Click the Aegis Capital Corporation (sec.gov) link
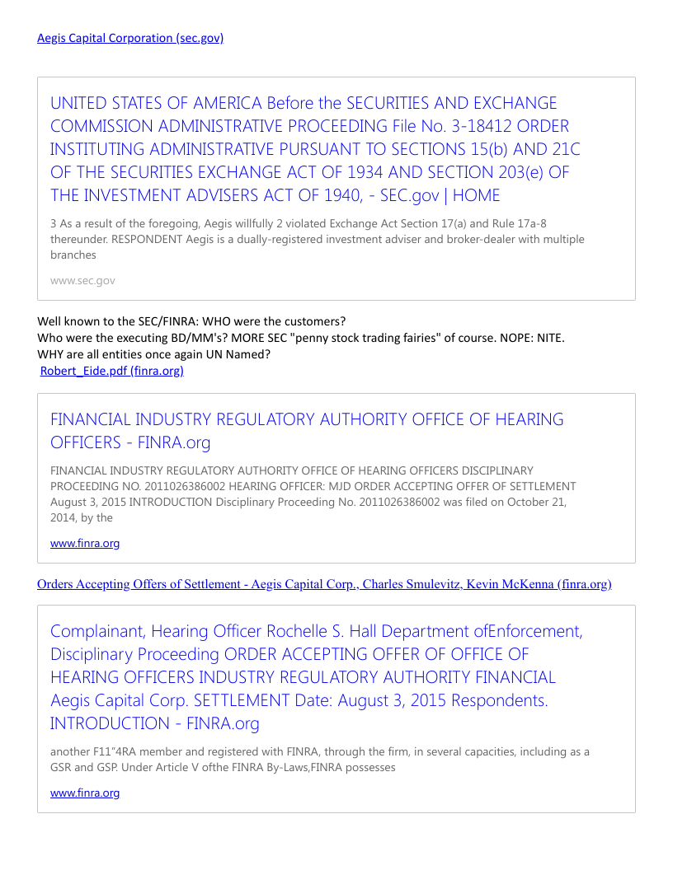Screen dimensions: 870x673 pyautogui.click(x=130, y=38)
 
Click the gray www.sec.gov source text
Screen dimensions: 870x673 pyautogui.click(x=82, y=281)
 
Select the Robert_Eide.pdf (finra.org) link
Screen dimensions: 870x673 pyautogui.click(x=112, y=371)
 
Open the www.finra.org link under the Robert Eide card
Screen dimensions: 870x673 pyautogui.click(x=85, y=543)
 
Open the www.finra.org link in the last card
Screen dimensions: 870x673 pyautogui.click(x=85, y=793)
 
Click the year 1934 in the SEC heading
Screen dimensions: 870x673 pyautogui.click(x=365, y=173)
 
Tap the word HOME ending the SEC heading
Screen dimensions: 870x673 pyautogui.click(x=476, y=196)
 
